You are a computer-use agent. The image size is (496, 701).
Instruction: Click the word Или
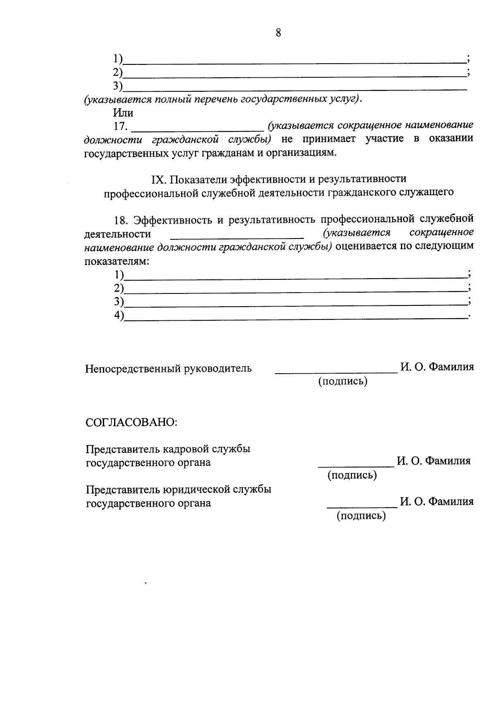[123, 112]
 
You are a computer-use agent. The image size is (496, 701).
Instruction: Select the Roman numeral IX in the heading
[158, 179]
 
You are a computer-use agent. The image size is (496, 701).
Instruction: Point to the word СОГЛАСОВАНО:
[131, 422]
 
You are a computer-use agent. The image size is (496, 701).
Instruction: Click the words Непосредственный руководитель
[168, 368]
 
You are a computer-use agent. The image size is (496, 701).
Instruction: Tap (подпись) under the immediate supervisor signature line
[343, 381]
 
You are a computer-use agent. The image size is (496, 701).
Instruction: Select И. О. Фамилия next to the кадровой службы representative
[434, 461]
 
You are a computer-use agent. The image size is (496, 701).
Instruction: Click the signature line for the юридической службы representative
[362, 506]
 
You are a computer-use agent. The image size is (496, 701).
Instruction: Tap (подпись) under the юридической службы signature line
[361, 515]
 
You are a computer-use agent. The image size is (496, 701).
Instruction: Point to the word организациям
[303, 153]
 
